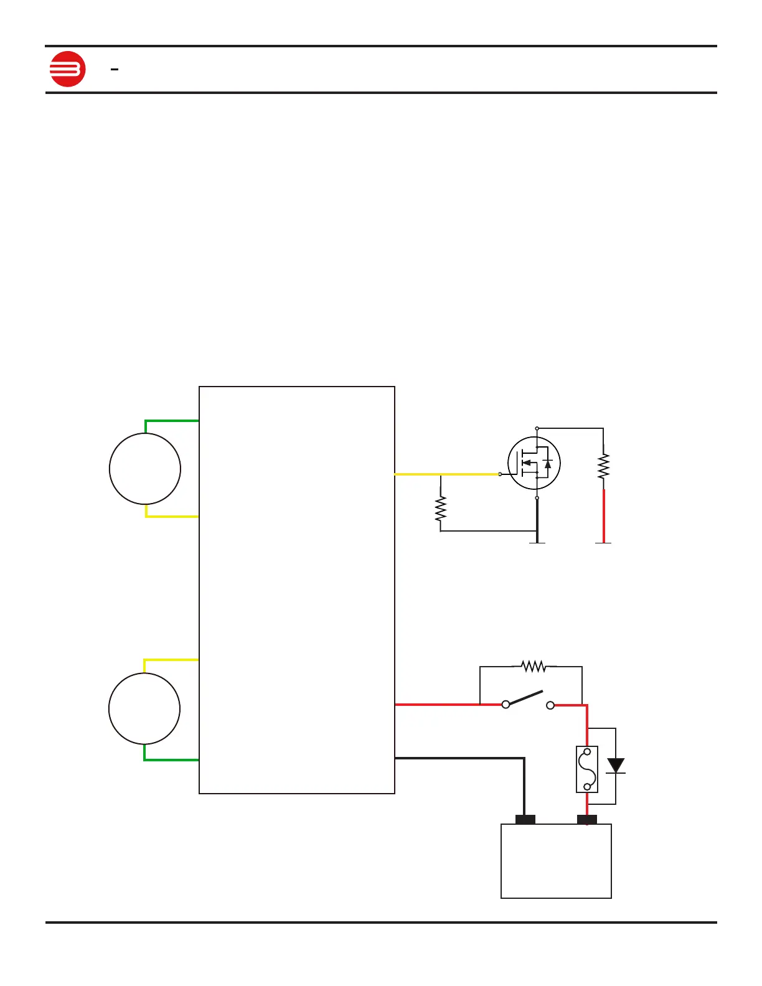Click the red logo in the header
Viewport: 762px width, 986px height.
[x=67, y=69]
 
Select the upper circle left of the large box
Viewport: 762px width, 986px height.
[x=145, y=469]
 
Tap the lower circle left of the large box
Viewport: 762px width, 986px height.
[x=144, y=708]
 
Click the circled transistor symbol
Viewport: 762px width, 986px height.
[x=534, y=463]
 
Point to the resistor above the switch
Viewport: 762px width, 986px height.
[x=534, y=667]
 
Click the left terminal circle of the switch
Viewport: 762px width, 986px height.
[x=506, y=705]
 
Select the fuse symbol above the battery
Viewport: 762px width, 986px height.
[x=587, y=769]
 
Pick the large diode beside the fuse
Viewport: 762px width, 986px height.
[x=616, y=766]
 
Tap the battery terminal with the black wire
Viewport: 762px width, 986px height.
[x=525, y=819]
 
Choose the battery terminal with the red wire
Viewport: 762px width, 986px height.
[x=587, y=819]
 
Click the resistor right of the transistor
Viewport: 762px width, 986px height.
[x=603, y=466]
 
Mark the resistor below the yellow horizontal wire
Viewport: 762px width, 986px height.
[x=441, y=509]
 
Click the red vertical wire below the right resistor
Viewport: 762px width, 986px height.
[x=603, y=517]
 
